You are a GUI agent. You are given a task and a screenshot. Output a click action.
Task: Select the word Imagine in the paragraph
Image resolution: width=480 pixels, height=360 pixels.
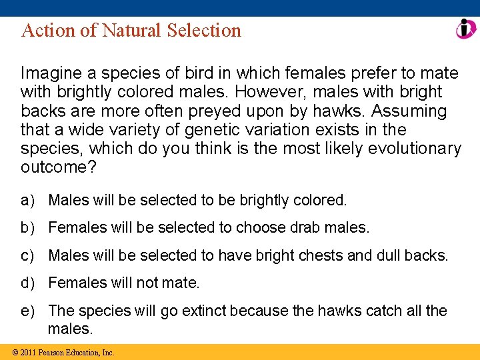49,72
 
